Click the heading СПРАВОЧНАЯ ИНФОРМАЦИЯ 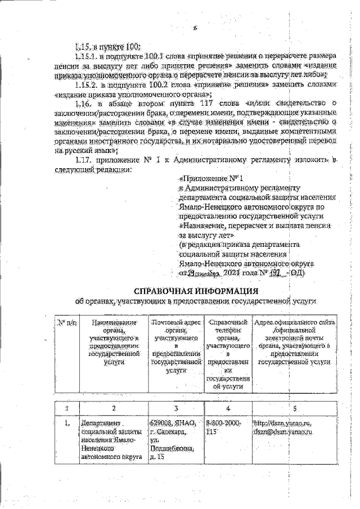point(196,291)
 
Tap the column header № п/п point(67,323)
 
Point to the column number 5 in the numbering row point(294,408)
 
